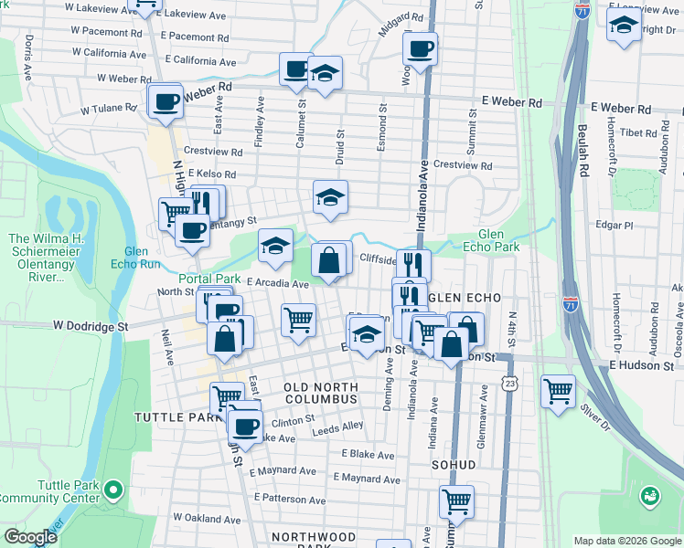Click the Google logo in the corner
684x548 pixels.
[30, 537]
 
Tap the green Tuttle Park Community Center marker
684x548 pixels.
[112, 491]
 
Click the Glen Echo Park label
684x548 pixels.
[498, 239]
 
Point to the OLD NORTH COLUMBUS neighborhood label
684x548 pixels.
[319, 393]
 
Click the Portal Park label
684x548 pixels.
[208, 279]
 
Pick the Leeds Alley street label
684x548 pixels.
[338, 426]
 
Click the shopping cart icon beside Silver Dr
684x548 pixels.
[558, 391]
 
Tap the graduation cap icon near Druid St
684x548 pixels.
[330, 196]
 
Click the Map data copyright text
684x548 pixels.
[627, 541]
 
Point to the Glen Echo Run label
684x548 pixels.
[144, 258]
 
